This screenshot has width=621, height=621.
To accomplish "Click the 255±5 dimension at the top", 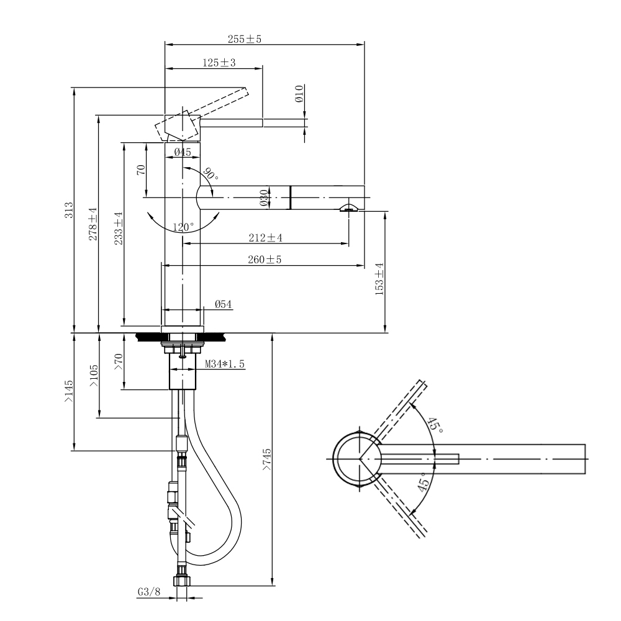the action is (244, 39).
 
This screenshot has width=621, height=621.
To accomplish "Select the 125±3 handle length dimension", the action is (219, 63).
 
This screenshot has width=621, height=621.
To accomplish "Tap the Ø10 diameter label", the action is (299, 94).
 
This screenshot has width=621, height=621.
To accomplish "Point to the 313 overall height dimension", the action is (70, 210).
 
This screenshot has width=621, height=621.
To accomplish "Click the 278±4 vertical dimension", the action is (93, 224).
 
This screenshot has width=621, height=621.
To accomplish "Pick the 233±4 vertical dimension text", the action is (119, 228).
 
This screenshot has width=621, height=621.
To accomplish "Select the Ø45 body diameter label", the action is (183, 152).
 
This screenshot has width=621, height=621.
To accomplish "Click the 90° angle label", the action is (211, 174).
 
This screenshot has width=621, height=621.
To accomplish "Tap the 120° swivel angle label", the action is (183, 227).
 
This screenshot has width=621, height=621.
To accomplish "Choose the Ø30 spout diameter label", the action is (264, 197).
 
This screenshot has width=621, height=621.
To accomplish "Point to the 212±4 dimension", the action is (265, 238).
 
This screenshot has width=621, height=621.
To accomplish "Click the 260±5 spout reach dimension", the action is (265, 260).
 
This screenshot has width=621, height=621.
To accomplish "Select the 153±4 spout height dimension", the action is (379, 279).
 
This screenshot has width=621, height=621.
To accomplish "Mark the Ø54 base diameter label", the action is (224, 304).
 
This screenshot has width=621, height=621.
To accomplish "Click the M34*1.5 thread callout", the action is (225, 363).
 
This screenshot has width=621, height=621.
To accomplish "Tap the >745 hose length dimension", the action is (266, 460).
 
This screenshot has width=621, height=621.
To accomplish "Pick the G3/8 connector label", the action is (149, 592).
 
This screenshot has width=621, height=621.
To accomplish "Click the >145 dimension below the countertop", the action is (69, 391).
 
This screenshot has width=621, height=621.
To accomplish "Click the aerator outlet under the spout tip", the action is (348, 208).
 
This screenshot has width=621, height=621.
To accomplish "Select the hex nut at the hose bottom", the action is (182, 581).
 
